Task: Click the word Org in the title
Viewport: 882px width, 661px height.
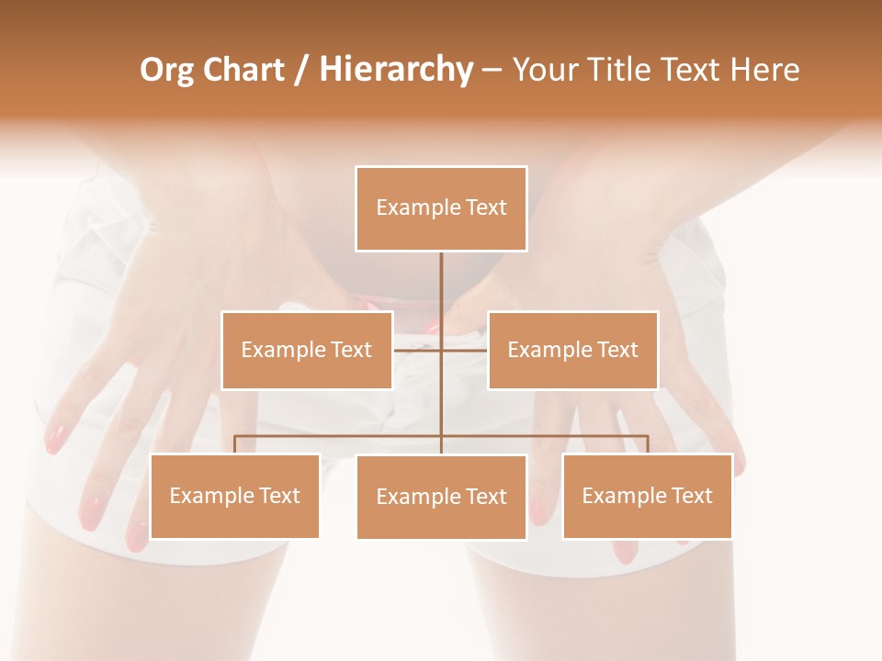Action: [166, 70]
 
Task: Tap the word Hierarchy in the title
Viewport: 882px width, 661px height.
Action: [396, 70]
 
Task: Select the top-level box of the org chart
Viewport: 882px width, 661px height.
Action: [441, 208]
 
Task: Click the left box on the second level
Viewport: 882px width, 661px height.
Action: [307, 350]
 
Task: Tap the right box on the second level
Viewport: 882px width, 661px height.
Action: [573, 350]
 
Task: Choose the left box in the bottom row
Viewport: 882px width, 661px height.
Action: [235, 496]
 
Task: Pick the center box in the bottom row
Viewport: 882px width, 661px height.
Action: [441, 497]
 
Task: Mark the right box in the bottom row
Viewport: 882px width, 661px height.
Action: [647, 496]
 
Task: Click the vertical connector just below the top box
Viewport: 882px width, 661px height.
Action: [441, 285]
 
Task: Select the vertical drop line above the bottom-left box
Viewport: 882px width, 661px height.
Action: [235, 444]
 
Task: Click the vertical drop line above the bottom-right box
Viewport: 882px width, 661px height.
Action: [648, 444]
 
